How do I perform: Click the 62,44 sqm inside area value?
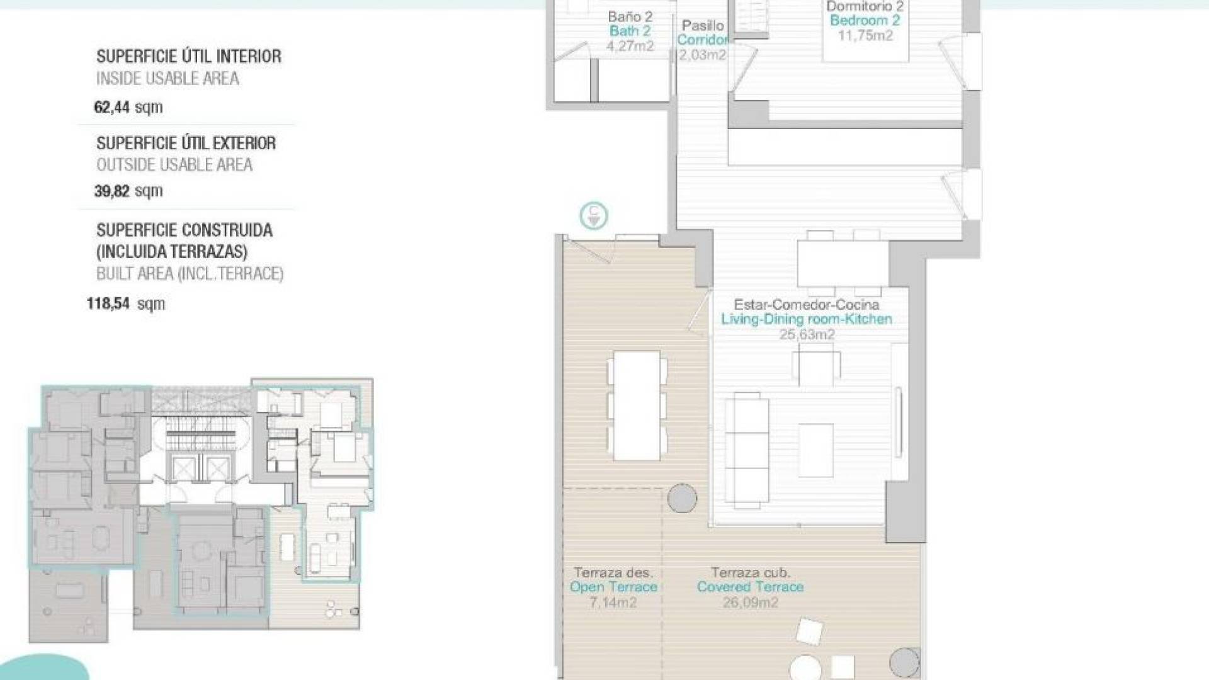[x=128, y=107]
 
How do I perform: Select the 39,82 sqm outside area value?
[x=128, y=191]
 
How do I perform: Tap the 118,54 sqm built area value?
[x=126, y=303]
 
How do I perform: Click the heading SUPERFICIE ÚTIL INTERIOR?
[x=189, y=57]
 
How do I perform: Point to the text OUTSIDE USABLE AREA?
[x=174, y=165]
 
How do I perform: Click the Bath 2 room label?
[x=630, y=31]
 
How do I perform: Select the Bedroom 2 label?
[x=865, y=20]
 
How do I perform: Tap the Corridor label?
[x=702, y=40]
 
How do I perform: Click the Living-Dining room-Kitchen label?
[x=807, y=319]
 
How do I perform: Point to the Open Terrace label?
[x=613, y=587]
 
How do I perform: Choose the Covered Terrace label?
[x=750, y=587]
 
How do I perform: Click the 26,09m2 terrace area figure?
[x=750, y=603]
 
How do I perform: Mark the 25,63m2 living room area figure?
[x=807, y=334]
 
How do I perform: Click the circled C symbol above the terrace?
[x=594, y=216]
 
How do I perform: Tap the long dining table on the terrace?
[x=637, y=405]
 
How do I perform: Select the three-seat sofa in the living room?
[x=747, y=451]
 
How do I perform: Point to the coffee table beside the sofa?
[x=816, y=451]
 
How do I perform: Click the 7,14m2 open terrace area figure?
[x=613, y=603]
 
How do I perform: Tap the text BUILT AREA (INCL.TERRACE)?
[x=190, y=274]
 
